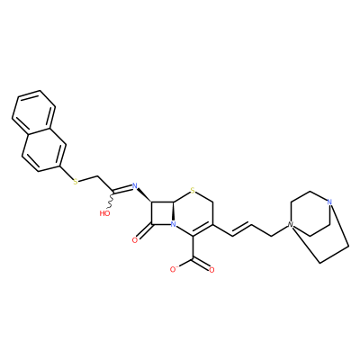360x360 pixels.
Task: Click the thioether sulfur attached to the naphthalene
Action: pos(76,181)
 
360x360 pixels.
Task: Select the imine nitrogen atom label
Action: pos(134,185)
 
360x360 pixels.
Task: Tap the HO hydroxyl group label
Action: pos(104,213)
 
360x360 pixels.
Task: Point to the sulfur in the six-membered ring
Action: pos(193,190)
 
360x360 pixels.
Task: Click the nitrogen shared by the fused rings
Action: pos(173,224)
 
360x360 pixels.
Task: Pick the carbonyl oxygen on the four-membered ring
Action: pos(135,239)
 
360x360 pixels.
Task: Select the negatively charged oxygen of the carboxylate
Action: pos(174,269)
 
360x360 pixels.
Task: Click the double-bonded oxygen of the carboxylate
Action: pos(211,270)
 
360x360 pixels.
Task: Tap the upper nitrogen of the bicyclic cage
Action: pos(329,202)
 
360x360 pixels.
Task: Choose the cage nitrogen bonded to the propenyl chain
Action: pos(290,224)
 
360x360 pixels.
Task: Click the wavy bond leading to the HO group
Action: pos(112,200)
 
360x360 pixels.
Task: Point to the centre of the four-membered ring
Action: pos(163,213)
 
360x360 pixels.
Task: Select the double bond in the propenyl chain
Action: pos(242,229)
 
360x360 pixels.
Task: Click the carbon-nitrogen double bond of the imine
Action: pos(122,189)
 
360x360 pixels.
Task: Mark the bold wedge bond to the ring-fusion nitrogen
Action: pos(173,211)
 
